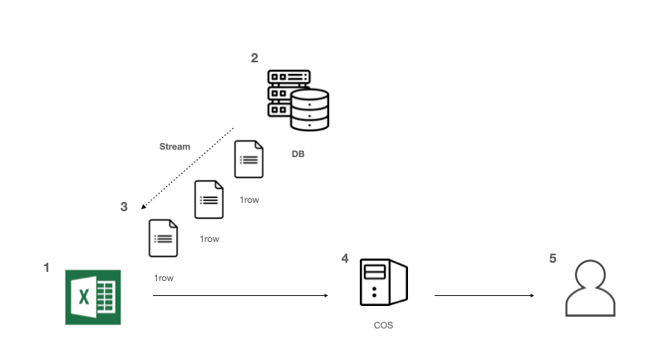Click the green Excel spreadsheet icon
tap(93, 297)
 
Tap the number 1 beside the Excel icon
tap(47, 268)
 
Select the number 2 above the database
tap(254, 57)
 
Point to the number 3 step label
tap(124, 206)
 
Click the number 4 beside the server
tap(345, 259)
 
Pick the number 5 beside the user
tap(553, 259)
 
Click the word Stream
tap(175, 146)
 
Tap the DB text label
tap(298, 154)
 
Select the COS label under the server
tap(383, 325)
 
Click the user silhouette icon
tap(591, 289)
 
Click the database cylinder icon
tap(310, 111)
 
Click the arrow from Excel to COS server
tap(241, 295)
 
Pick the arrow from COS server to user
tap(484, 295)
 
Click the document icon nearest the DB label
tap(249, 159)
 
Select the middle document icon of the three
tap(209, 200)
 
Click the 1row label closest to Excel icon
tap(164, 277)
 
